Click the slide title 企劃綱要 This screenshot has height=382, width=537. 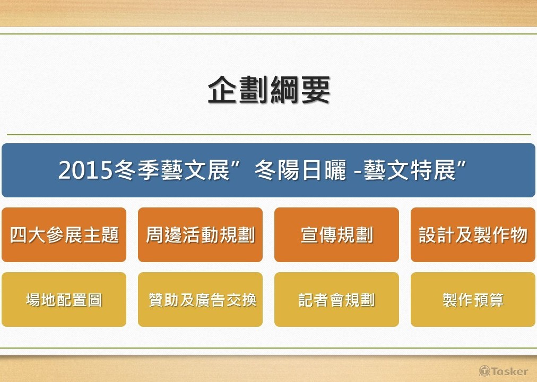[268, 90]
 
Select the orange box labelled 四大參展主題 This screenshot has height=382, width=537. [64, 235]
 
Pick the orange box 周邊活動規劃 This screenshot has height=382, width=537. [200, 235]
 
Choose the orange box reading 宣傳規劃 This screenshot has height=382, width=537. [336, 235]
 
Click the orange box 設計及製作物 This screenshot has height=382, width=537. [473, 235]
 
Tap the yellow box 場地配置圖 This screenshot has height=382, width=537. [64, 300]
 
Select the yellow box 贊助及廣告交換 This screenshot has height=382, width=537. [200, 300]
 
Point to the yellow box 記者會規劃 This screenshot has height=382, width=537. [336, 300]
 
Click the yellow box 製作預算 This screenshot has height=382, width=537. [473, 300]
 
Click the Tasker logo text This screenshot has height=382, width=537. [509, 371]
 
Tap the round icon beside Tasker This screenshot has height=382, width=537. [484, 371]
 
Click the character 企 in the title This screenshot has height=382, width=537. [223, 90]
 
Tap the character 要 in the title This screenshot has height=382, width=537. [315, 90]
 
